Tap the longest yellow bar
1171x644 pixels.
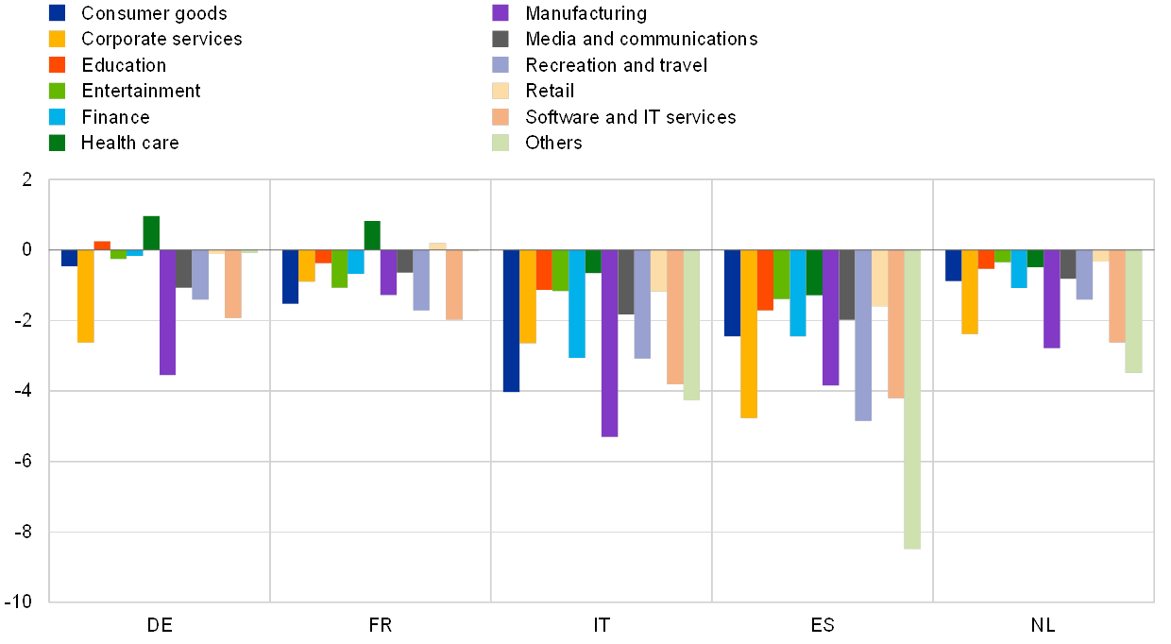[749, 333]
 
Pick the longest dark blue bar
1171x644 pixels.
[511, 320]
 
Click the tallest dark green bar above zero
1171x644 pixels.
[151, 232]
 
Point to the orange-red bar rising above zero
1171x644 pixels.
[102, 246]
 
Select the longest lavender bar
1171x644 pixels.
[863, 335]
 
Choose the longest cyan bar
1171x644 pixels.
[577, 303]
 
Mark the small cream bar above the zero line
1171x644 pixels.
[437, 246]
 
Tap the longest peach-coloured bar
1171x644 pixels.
[896, 324]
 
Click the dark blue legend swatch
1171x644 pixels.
[57, 13]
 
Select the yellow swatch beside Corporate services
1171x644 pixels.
[57, 39]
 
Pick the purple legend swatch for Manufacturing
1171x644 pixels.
[501, 13]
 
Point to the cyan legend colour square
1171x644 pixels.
[57, 117]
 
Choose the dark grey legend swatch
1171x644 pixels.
[501, 39]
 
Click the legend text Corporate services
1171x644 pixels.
[161, 39]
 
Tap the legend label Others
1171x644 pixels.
[554, 143]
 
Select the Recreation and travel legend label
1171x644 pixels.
[615, 65]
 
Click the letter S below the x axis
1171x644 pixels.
[829, 624]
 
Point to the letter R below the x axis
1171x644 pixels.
[388, 624]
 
